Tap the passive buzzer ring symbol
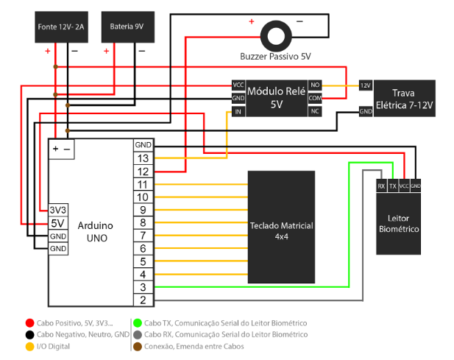coord(277,34)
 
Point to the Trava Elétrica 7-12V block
coord(404,99)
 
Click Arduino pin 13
coord(143,158)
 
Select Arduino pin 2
coord(143,299)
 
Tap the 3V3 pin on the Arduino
coord(58,210)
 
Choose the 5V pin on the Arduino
coord(58,222)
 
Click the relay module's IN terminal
coord(238,112)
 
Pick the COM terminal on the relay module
coord(315,98)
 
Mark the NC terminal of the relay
coord(315,111)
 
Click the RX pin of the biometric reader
coord(381,186)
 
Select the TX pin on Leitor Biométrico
coord(393,186)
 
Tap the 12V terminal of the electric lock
coord(365,85)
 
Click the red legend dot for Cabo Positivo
coord(29,322)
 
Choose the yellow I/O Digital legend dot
coord(29,346)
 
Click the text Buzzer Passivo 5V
coord(276,57)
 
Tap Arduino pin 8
coord(143,222)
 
